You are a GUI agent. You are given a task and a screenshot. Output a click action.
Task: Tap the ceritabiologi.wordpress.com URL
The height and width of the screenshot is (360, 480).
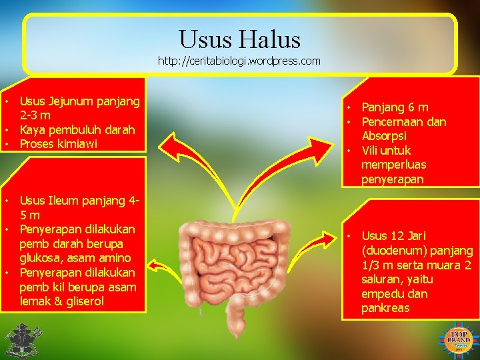[239, 61]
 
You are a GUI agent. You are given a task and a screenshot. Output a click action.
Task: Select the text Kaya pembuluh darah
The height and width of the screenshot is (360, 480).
[77, 129]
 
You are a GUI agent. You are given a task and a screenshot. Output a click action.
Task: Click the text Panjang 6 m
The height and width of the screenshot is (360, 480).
[395, 107]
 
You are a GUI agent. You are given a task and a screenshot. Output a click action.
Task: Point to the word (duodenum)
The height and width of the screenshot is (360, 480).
[391, 251]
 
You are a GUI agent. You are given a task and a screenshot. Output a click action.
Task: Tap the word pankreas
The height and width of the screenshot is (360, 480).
[385, 308]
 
